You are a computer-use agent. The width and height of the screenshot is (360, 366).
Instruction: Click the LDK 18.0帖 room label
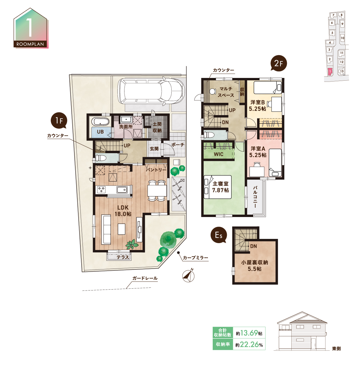[x=123, y=211]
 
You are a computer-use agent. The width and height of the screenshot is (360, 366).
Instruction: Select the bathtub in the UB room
[x=100, y=121]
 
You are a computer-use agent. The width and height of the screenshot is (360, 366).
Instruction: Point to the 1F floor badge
[x=59, y=120]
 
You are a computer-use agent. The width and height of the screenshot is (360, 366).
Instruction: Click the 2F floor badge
[x=279, y=63]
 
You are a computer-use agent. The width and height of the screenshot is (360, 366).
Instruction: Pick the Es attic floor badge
[x=219, y=235]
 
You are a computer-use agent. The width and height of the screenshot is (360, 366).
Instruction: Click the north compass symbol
[x=188, y=275]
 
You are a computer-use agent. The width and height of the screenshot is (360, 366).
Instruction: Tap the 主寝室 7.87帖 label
[x=220, y=187]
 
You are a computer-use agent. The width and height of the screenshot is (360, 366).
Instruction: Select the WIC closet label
[x=218, y=154]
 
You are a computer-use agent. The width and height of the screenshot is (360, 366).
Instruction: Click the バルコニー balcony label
[x=255, y=197]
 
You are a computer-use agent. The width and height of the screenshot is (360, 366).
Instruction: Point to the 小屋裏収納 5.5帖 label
[x=255, y=266]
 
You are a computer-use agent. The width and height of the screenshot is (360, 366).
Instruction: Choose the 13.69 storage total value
[x=249, y=333]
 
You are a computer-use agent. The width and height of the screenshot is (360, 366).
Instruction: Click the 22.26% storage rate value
[x=251, y=344]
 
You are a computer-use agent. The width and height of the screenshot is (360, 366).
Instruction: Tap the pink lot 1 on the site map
[x=330, y=71]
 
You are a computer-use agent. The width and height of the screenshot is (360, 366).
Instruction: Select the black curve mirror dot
[x=178, y=253]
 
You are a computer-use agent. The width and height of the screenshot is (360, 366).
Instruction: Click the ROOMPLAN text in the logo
[x=30, y=44]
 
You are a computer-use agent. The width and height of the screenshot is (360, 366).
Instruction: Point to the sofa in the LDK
[x=106, y=230]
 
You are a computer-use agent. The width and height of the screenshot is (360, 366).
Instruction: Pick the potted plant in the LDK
[x=132, y=244]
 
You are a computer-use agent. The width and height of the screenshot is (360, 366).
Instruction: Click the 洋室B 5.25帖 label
[x=257, y=106]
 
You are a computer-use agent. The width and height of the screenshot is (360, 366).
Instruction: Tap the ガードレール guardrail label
[x=145, y=278]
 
